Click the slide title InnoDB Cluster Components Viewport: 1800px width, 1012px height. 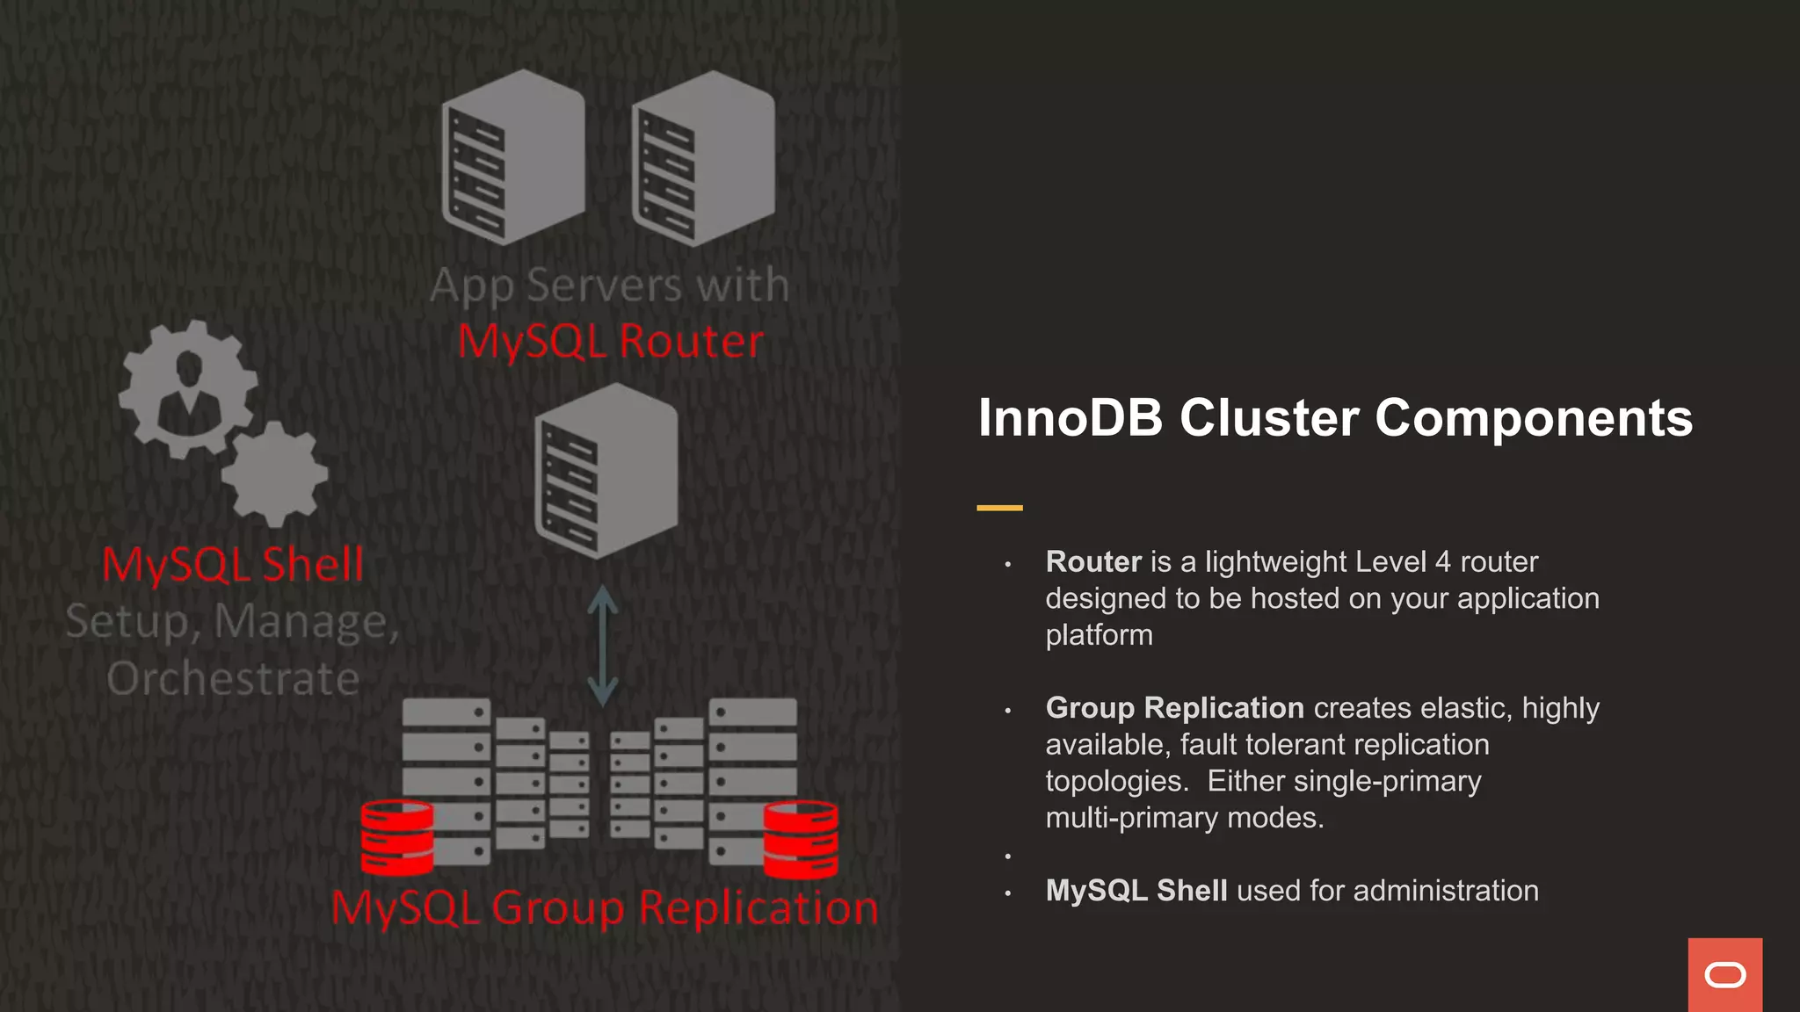(x=1335, y=418)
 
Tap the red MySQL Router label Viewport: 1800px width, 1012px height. (x=611, y=342)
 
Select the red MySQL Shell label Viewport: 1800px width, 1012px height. (x=233, y=564)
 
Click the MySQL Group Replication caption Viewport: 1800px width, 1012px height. (x=605, y=907)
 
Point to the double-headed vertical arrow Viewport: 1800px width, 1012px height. (x=603, y=646)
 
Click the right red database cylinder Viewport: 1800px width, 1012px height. (x=801, y=840)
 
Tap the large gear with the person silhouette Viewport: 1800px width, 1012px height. (x=188, y=388)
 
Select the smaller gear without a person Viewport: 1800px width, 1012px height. (x=275, y=473)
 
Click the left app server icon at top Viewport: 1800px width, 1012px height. (x=513, y=157)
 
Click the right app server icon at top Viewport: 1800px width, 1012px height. (x=703, y=158)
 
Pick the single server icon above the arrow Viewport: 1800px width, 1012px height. (x=606, y=471)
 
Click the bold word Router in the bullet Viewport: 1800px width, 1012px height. (x=1093, y=562)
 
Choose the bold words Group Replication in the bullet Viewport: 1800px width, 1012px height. (x=1174, y=708)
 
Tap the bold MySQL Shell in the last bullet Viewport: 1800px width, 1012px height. (x=1136, y=891)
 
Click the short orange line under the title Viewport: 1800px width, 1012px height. (x=999, y=508)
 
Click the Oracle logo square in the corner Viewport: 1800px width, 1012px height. (x=1724, y=974)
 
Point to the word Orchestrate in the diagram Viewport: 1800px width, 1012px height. (x=233, y=679)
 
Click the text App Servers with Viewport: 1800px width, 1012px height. (x=610, y=286)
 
